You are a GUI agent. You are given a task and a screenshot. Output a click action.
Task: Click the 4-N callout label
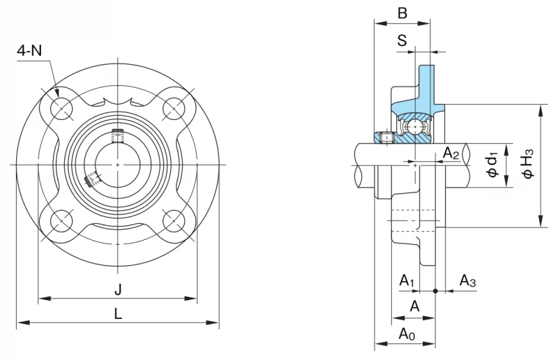[29, 51]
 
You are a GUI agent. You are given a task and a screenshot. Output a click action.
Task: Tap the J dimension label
[118, 290]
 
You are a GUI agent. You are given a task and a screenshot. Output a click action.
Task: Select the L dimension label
[118, 314]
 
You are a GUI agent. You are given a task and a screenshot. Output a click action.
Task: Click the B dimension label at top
[402, 13]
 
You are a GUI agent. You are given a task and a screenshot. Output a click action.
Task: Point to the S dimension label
[402, 40]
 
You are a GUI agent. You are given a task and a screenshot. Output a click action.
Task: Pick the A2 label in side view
[451, 153]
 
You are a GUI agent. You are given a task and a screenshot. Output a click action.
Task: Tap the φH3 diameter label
[527, 163]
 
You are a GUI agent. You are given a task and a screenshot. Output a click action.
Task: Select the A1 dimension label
[407, 281]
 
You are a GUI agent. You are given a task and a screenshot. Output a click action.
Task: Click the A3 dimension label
[467, 281]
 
